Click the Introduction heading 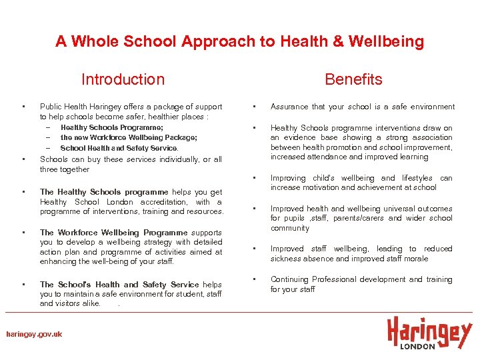point(123,79)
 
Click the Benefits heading point(353,79)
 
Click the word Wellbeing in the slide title point(391,41)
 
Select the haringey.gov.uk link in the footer point(34,334)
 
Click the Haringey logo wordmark point(429,332)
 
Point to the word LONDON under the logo point(417,346)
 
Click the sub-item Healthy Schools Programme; point(111,127)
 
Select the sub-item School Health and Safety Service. point(119,148)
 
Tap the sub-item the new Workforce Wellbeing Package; point(129,137)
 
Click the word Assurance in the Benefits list point(289,107)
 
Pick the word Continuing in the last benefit point(291,279)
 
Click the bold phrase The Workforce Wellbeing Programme point(113,233)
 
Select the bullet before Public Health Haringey point(23,107)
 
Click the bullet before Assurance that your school point(254,107)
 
